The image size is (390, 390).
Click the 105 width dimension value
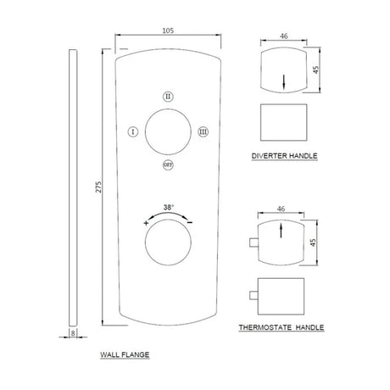(168, 31)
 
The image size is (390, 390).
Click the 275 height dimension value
(98, 187)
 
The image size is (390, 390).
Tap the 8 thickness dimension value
(73, 333)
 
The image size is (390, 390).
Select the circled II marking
(168, 97)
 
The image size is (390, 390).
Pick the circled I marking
(133, 131)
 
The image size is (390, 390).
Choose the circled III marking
(203, 131)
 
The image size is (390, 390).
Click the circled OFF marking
(168, 164)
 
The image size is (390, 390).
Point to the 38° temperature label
(169, 207)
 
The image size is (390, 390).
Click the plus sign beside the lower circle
(146, 223)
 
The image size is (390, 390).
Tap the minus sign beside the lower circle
(190, 223)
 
